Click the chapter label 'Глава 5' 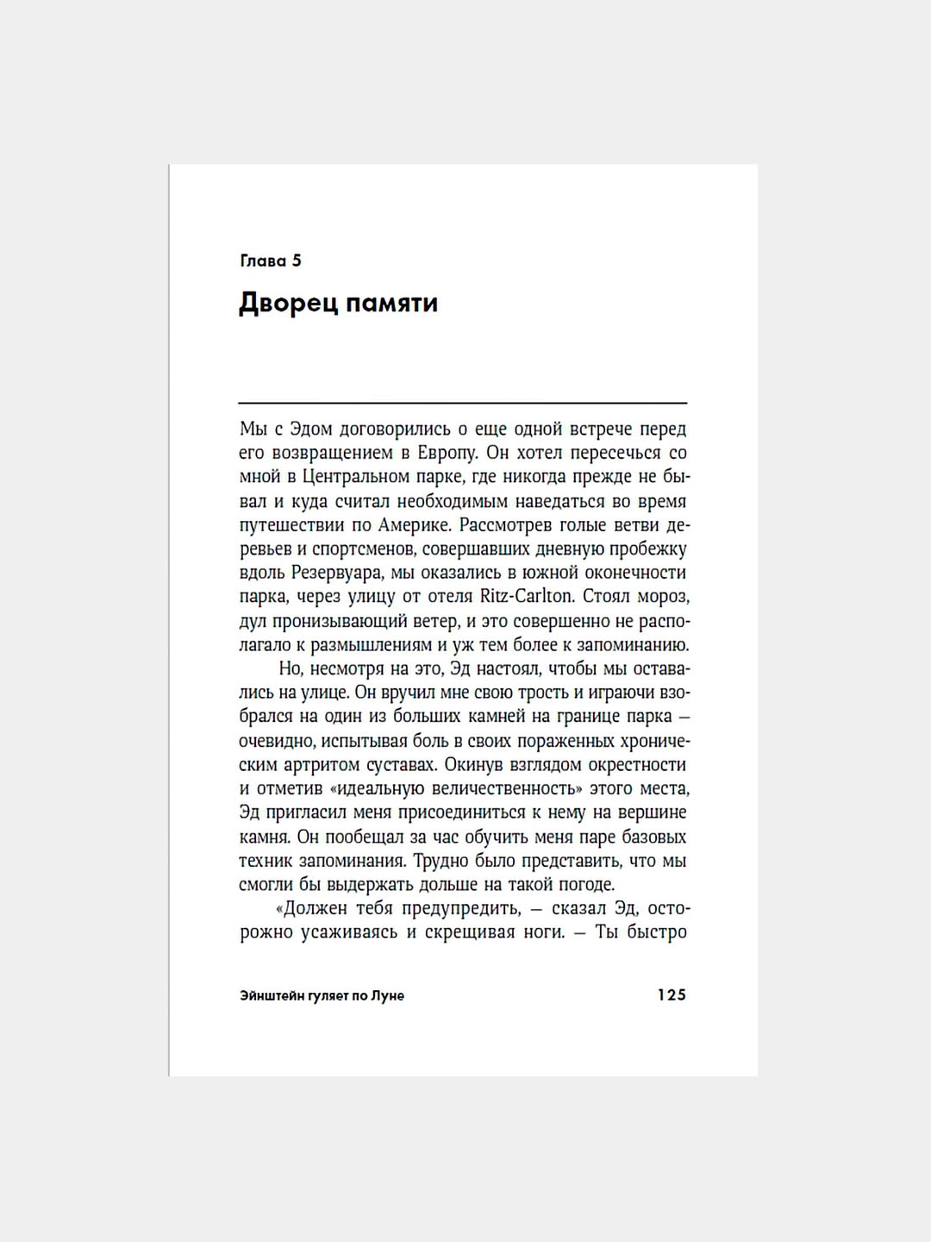(x=271, y=261)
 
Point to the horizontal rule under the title (x=463, y=403)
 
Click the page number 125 (x=672, y=994)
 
